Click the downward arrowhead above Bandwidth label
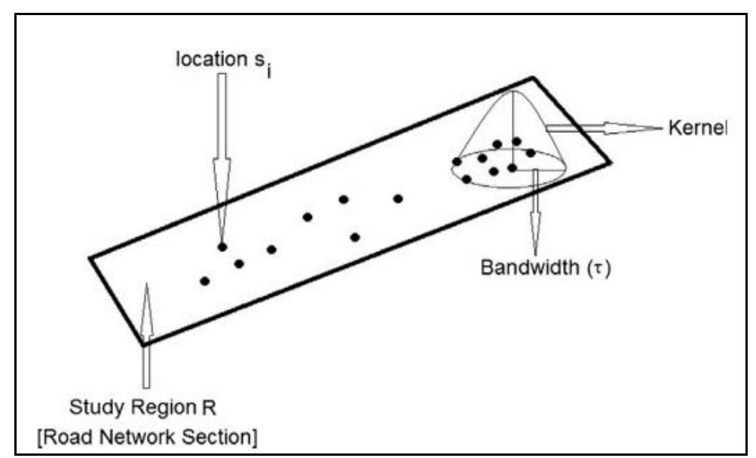535,241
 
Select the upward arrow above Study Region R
146,317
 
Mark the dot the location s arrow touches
222,247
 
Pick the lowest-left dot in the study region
204,281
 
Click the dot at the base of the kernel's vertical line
512,168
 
